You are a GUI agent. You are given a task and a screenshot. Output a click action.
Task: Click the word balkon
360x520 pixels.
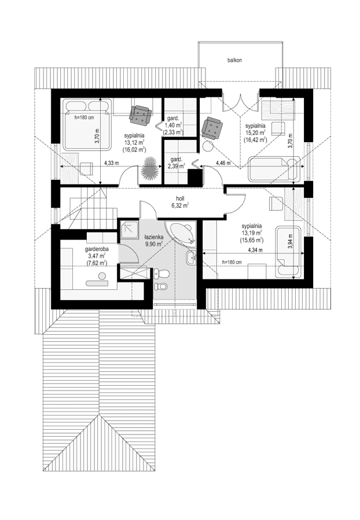click(234, 60)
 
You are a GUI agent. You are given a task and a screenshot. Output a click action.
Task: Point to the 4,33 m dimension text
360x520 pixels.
click(111, 163)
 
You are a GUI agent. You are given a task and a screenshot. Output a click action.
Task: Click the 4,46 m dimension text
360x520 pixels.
click(223, 163)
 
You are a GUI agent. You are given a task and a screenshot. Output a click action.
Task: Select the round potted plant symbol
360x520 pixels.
click(150, 170)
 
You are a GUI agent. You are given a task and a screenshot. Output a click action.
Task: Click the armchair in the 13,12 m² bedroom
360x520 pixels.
click(141, 115)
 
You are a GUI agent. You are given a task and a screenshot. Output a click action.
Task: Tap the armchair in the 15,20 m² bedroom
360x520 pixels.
click(212, 128)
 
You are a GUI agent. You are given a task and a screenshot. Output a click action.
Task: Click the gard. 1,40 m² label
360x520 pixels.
click(173, 124)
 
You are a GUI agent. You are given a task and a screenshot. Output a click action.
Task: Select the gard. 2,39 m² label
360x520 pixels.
click(176, 163)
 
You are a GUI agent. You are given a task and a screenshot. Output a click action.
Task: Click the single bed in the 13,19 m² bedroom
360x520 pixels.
click(288, 252)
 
